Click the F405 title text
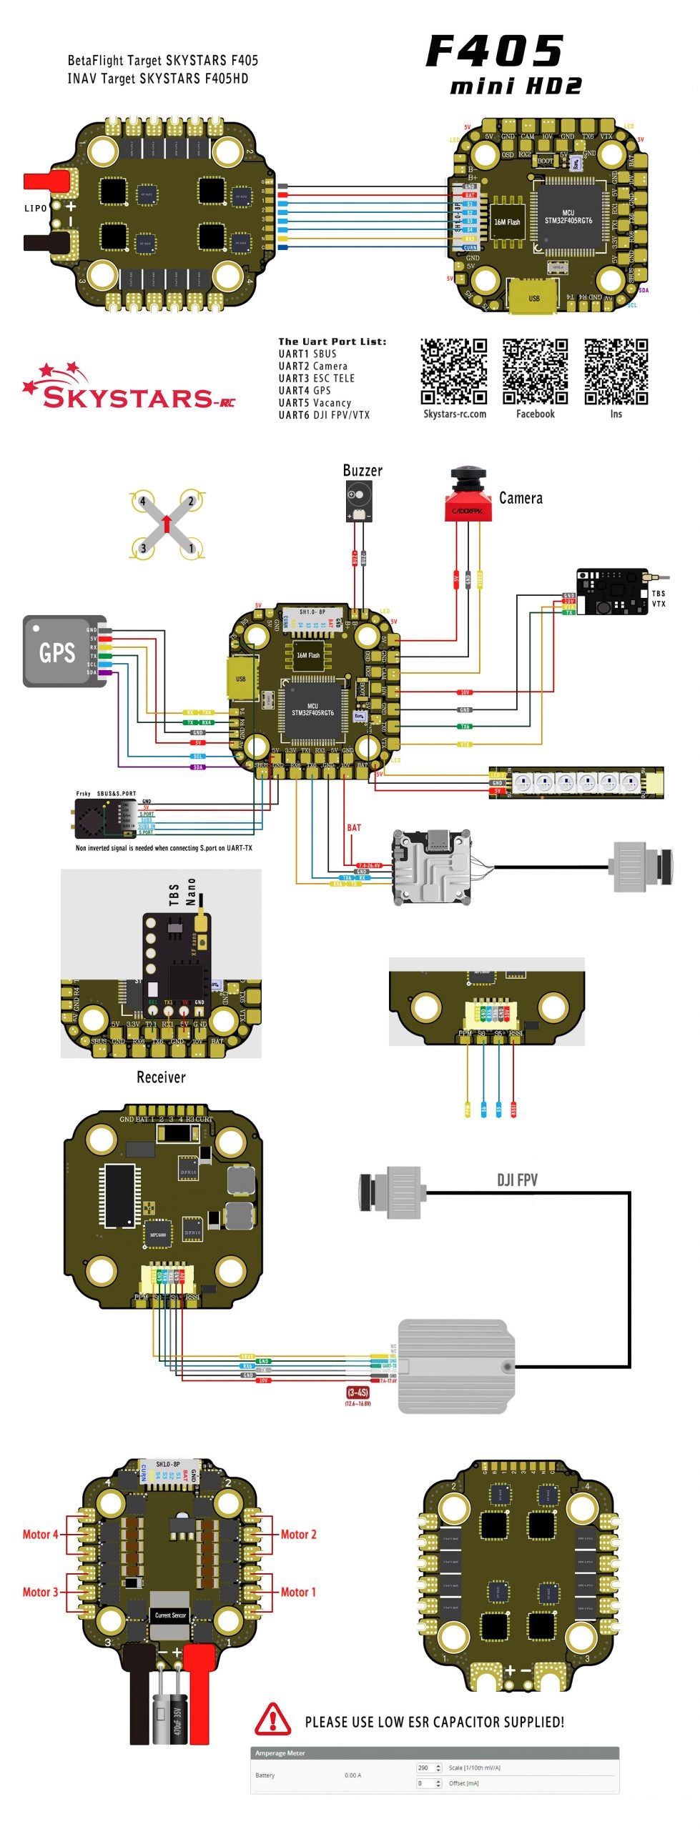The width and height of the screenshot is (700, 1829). (495, 52)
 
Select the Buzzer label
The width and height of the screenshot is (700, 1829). (363, 470)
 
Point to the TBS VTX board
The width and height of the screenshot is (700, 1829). (611, 592)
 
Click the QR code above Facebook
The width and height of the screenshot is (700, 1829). (535, 372)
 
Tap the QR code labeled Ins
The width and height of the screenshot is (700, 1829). (616, 372)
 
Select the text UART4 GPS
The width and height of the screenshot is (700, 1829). (305, 391)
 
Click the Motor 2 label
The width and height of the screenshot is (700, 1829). (298, 1534)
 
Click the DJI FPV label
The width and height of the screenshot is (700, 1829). (517, 1180)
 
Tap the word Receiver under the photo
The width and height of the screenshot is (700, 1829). (161, 1077)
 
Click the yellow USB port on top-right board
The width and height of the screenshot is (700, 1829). (533, 296)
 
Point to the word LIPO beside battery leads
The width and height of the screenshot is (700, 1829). (36, 208)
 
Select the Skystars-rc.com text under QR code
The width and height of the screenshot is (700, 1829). (455, 414)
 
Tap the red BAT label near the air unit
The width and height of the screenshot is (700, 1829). (354, 828)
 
